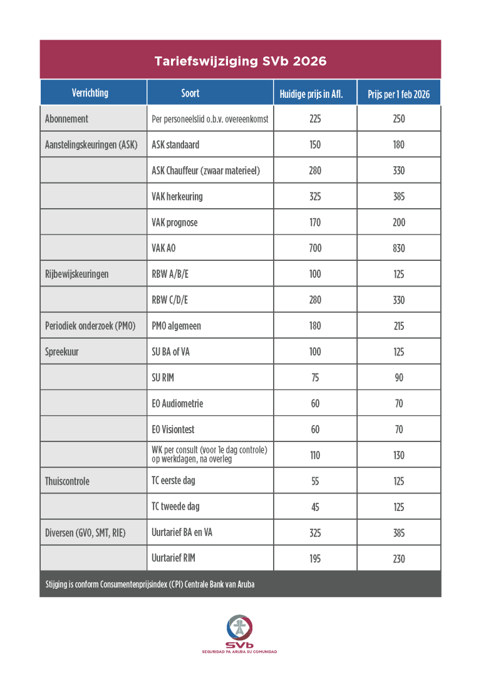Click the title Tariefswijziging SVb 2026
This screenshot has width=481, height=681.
tap(240, 61)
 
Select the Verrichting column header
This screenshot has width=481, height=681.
tap(90, 93)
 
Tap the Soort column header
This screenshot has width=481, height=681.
tap(190, 93)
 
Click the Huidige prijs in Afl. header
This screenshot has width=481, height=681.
tap(315, 94)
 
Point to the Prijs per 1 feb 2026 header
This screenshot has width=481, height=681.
tap(398, 94)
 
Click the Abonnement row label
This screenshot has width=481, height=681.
tap(66, 119)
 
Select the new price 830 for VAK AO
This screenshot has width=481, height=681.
tap(399, 248)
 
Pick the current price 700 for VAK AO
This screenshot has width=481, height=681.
tap(315, 248)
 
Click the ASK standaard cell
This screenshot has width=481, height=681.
tap(175, 145)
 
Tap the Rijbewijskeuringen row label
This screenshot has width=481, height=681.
tap(76, 274)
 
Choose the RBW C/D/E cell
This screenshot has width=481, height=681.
tap(170, 300)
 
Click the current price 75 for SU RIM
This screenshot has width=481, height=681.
tap(315, 378)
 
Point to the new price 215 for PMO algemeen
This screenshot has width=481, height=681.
tap(399, 326)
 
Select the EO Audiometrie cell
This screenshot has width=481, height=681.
tap(177, 404)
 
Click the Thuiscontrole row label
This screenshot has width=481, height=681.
tap(67, 482)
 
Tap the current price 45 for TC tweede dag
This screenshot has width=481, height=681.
tap(315, 507)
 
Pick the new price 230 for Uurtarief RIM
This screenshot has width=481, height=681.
tap(399, 559)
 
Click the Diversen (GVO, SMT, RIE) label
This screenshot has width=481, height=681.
tap(85, 533)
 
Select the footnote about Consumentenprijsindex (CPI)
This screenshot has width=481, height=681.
tap(150, 584)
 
